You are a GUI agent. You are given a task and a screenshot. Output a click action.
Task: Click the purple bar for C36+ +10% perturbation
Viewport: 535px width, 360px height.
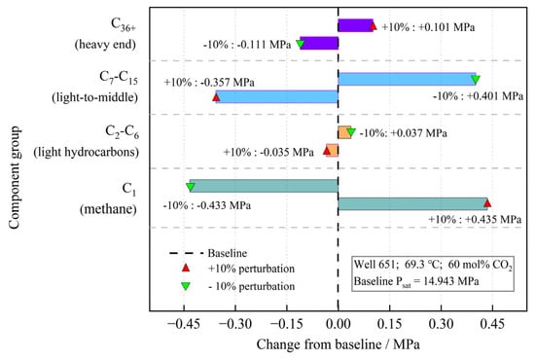(x=355, y=25)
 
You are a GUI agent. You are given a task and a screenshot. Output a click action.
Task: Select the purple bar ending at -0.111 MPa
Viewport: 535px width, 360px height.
(x=319, y=43)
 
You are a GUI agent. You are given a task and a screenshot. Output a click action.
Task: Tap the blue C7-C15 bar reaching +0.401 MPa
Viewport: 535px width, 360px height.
(x=407, y=79)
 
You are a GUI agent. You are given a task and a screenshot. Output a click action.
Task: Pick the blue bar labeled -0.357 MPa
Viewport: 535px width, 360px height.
(x=277, y=96)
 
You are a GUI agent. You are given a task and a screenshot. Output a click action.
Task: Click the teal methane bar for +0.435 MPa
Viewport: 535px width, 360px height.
(x=412, y=203)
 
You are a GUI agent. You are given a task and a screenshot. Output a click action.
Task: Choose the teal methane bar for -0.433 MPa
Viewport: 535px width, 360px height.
(x=264, y=186)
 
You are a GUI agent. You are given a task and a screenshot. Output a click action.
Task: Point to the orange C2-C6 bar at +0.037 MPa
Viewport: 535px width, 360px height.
(x=344, y=132)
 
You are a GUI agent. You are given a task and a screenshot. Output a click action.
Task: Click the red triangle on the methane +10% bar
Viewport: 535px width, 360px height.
(x=487, y=203)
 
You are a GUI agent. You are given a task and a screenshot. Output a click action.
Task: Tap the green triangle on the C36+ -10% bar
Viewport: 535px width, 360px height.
(x=301, y=44)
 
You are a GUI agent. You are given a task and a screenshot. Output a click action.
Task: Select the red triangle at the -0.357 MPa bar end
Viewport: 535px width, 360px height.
(x=216, y=97)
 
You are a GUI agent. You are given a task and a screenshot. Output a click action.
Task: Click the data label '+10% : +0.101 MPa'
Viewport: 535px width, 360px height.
(x=428, y=27)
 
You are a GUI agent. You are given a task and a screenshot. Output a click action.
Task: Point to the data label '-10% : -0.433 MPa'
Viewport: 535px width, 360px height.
(x=207, y=205)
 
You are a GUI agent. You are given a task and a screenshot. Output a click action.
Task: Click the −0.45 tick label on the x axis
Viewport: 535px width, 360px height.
(x=184, y=323)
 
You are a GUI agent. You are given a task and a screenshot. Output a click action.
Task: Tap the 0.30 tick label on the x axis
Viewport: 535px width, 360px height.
(x=442, y=323)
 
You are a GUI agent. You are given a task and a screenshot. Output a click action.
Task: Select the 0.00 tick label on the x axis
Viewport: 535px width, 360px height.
(x=339, y=323)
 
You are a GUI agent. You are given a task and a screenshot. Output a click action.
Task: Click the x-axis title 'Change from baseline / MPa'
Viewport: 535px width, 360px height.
(x=339, y=344)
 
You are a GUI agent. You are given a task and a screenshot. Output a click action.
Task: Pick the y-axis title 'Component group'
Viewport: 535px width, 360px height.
(x=15, y=178)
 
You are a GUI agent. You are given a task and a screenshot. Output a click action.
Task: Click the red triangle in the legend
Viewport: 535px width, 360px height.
(x=186, y=268)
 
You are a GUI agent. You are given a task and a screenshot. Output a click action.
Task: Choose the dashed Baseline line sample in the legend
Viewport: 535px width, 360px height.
(x=187, y=253)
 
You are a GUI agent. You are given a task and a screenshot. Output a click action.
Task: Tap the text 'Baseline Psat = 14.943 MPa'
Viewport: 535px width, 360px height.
(x=416, y=282)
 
